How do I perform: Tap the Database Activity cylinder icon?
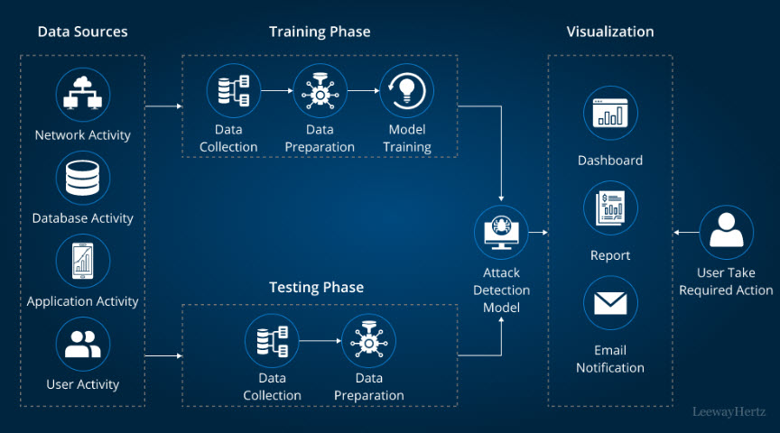(x=83, y=178)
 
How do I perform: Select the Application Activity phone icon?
(x=83, y=261)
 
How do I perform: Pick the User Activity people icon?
(x=83, y=344)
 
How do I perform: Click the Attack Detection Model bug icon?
(x=502, y=233)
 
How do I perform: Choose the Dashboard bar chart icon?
(x=610, y=113)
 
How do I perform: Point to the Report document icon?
(x=610, y=208)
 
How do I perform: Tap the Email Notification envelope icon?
(x=610, y=303)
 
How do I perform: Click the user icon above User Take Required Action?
(x=726, y=232)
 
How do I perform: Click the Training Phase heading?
(x=320, y=32)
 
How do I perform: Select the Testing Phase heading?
(x=316, y=288)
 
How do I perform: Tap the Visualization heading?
(x=610, y=32)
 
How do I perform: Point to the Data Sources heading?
(x=82, y=32)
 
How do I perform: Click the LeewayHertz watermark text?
(x=729, y=411)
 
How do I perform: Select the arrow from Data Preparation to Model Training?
(x=363, y=91)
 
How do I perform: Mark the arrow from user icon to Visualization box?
(x=686, y=233)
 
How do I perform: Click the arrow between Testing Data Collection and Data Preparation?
(x=320, y=341)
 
